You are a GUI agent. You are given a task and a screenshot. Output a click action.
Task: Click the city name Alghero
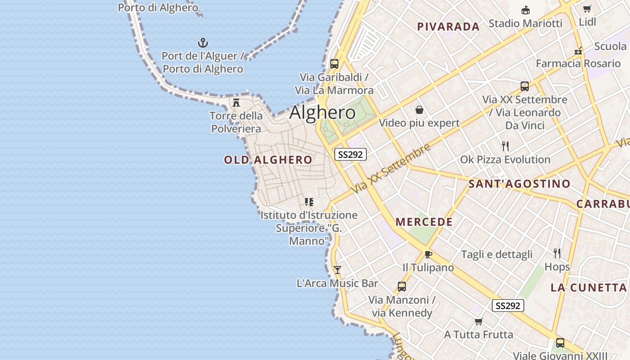coord(322,112)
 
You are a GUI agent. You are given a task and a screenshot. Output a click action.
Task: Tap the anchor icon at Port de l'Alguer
coord(203,43)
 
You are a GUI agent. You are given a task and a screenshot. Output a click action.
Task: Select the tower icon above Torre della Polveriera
coord(236,103)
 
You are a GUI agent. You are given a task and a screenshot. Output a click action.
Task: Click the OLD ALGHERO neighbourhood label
coord(268,160)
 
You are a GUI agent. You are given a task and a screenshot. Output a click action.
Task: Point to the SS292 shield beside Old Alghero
coord(351,154)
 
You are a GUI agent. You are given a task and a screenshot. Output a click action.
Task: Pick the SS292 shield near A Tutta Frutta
coord(508,306)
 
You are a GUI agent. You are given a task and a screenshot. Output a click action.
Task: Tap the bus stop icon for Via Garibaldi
coord(334,64)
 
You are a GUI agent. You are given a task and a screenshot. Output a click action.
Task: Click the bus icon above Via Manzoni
coord(401,287)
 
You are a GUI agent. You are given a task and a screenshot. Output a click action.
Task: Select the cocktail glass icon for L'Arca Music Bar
coord(337,270)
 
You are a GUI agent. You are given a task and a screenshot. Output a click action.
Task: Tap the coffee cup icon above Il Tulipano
coord(428,254)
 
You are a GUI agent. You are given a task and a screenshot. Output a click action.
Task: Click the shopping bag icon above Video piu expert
coord(419,110)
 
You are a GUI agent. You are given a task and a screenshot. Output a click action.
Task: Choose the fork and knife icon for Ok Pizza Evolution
coord(505,146)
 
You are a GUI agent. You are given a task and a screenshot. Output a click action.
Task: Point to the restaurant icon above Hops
coord(557,253)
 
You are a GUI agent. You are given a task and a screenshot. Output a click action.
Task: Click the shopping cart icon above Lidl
coord(587,9)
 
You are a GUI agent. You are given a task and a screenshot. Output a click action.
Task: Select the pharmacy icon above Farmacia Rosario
coord(578,51)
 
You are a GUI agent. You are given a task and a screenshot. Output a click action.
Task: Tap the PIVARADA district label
coord(448,27)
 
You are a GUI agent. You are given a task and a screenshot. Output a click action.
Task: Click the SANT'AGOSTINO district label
coord(519,184)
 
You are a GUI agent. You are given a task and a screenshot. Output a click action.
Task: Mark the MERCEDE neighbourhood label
coord(424,222)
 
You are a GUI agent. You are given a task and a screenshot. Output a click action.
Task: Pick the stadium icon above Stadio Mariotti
coord(525,10)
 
